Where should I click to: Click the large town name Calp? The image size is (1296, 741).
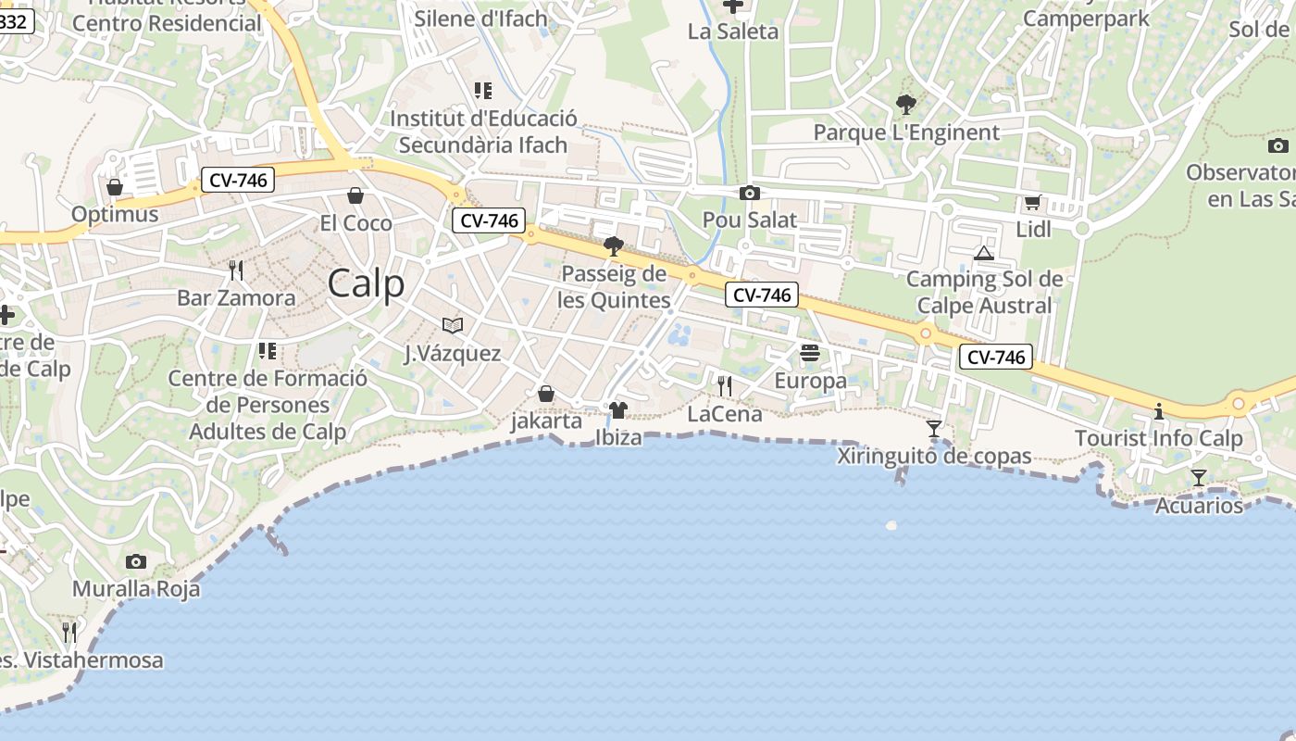click(367, 283)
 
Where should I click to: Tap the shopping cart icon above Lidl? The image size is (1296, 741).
click(1032, 202)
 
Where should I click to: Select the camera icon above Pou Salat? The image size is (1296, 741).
click(749, 193)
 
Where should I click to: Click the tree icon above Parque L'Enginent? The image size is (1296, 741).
click(905, 105)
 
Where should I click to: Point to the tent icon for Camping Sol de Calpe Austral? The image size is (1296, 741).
click(983, 252)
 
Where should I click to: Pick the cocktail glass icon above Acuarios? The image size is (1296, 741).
click(1198, 478)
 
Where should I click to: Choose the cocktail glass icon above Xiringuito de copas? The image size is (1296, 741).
click(934, 429)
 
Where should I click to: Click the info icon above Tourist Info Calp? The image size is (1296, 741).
click(1158, 411)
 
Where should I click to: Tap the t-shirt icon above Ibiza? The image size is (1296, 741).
click(617, 409)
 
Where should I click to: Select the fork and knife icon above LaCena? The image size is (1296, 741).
click(724, 386)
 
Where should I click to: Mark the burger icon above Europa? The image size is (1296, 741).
click(810, 353)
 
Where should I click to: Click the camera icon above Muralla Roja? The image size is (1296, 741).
click(135, 561)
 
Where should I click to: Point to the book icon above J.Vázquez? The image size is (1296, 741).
click(452, 325)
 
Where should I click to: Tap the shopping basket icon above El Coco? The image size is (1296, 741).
click(355, 195)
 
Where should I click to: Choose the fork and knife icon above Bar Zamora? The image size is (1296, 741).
click(236, 270)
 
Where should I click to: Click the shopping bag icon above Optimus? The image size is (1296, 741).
click(115, 187)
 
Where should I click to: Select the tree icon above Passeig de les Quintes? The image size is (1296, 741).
click(613, 246)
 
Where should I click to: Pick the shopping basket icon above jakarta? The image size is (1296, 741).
click(546, 394)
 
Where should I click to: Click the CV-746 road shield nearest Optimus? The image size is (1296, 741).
click(238, 180)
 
